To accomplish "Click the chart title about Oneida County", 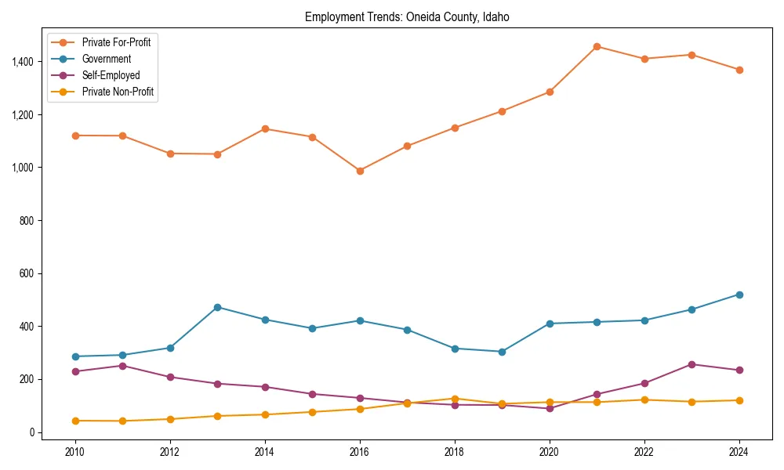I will pyautogui.click(x=407, y=16).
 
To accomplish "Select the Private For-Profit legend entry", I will pyautogui.click(x=116, y=42).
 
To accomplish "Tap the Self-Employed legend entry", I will pyautogui.click(x=111, y=75).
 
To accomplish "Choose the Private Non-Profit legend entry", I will pyautogui.click(x=118, y=92).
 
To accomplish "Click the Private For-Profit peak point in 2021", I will pyautogui.click(x=597, y=46).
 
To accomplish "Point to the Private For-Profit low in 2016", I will pyautogui.click(x=360, y=171).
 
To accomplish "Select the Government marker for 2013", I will pyautogui.click(x=217, y=307).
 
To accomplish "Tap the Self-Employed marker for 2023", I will pyautogui.click(x=691, y=364).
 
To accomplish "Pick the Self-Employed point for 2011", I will pyautogui.click(x=123, y=366).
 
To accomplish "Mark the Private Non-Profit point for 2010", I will pyautogui.click(x=75, y=421).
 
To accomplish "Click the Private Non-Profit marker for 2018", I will pyautogui.click(x=455, y=399).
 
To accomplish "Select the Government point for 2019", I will pyautogui.click(x=502, y=352).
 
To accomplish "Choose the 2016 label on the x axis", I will pyautogui.click(x=359, y=451).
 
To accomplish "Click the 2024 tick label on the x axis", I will pyautogui.click(x=739, y=451).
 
